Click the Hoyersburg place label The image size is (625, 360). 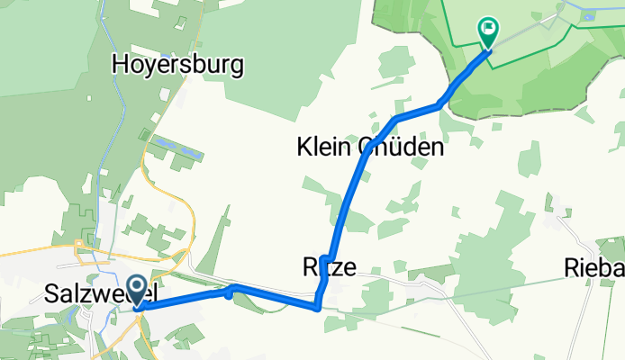tap(178, 65)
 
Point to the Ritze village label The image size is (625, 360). tap(329, 266)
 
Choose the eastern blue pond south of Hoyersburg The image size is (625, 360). tap(192, 156)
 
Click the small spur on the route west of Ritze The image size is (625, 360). tap(229, 291)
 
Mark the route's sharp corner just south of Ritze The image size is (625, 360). tap(317, 307)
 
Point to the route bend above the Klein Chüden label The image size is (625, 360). tap(395, 119)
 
